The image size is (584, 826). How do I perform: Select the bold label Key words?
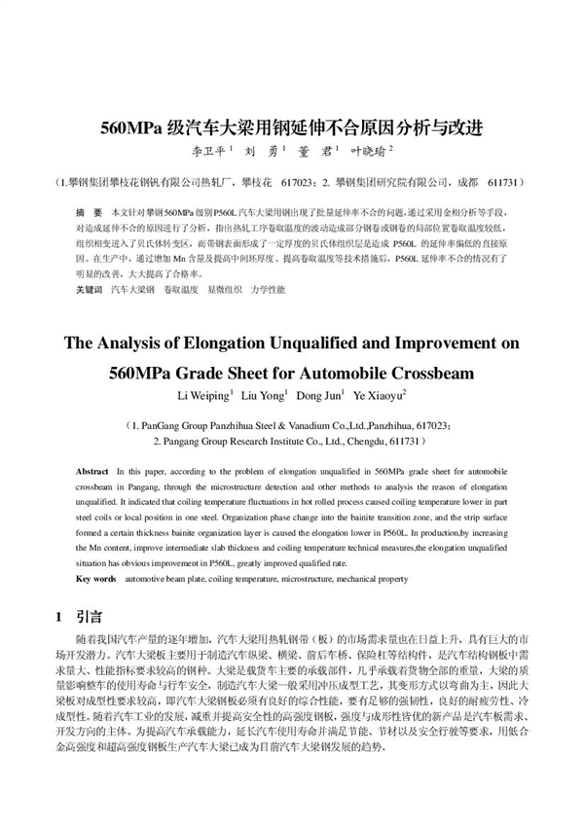(x=95, y=579)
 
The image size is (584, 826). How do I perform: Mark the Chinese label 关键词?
(x=89, y=290)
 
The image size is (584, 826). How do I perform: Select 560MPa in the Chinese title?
(x=147, y=127)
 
